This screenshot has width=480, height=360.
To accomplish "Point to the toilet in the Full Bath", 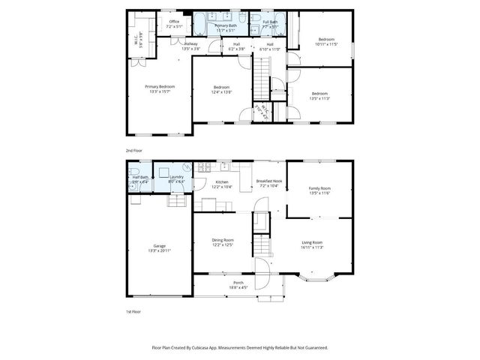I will point(255,16).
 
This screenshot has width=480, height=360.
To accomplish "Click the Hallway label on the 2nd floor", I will point(190,46).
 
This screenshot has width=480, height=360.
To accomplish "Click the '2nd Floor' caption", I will point(134,150).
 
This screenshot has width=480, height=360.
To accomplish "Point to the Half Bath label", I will point(140,178).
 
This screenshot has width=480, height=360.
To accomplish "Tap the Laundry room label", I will point(176,178).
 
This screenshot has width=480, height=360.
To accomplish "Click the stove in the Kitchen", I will point(203,167).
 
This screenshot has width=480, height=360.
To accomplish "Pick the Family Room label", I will point(319,190).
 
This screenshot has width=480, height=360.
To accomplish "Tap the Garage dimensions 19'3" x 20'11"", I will point(160,250).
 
